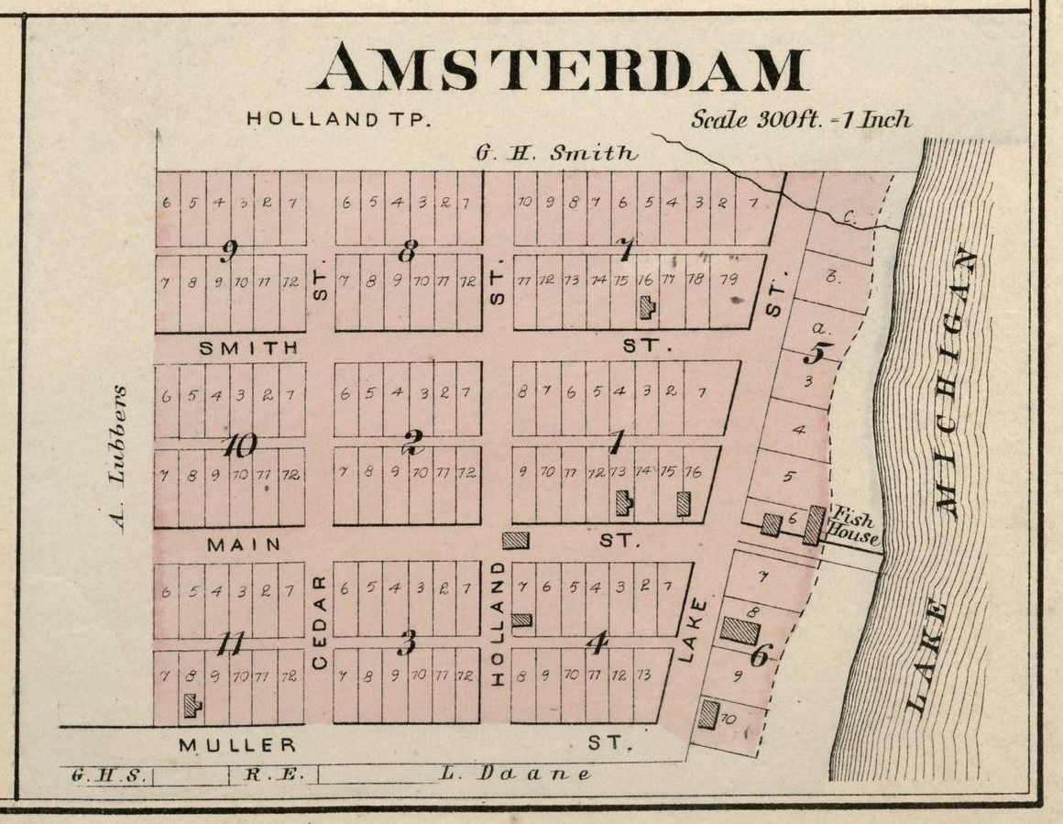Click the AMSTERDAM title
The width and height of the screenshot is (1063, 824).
[x=561, y=68]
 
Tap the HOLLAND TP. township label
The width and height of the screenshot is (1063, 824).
[x=338, y=119]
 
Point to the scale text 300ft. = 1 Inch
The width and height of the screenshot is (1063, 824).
[x=801, y=119]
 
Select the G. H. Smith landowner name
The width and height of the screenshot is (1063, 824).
[x=555, y=153]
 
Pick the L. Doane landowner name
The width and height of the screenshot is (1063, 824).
[x=515, y=774]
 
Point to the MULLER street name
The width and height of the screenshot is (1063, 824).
[x=237, y=745]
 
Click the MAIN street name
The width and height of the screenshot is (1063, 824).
[x=243, y=544]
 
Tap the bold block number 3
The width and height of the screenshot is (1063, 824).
[x=406, y=643]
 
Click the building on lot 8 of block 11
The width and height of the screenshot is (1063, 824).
[x=192, y=705]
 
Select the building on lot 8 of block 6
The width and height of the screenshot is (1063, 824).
[x=740, y=631]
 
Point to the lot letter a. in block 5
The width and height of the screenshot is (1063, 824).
[x=819, y=327]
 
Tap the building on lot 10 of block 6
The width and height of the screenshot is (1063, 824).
[x=707, y=714]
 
